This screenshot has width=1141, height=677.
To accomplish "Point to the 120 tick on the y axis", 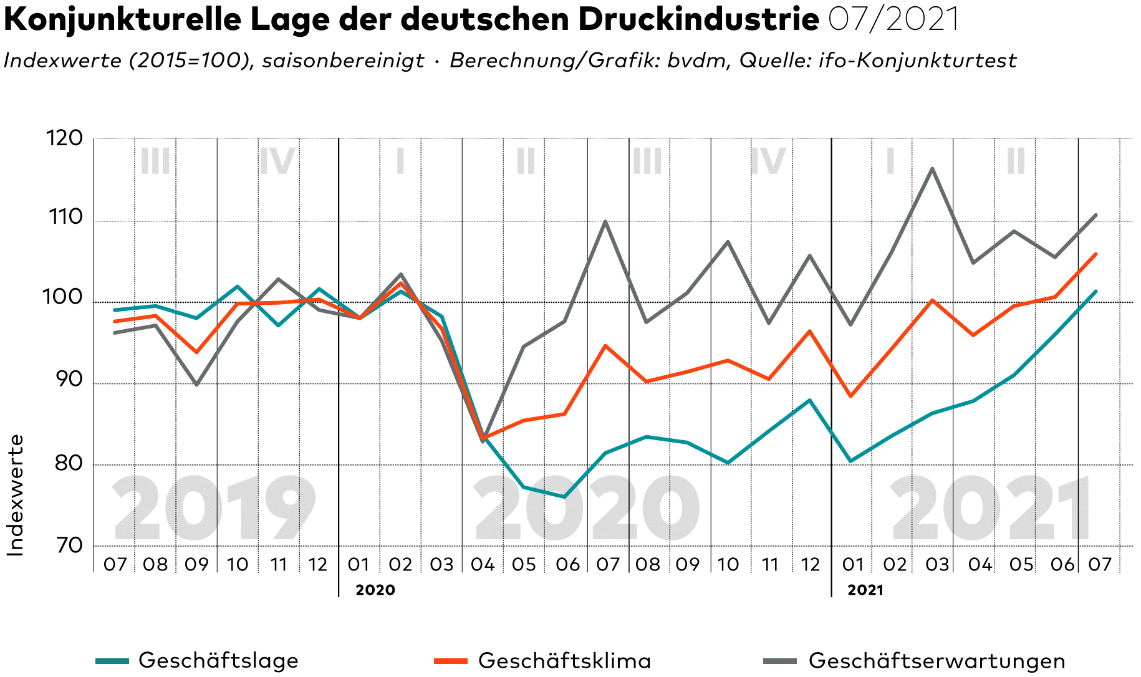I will tap(65, 138).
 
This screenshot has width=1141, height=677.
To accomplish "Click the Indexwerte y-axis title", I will tap(16, 495).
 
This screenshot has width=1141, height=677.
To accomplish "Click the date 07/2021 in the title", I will tap(893, 20).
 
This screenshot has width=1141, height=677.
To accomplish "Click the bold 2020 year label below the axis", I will tap(375, 590).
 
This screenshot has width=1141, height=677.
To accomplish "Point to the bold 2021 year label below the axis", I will tap(865, 590).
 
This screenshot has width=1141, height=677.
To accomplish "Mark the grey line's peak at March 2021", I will tap(932, 168).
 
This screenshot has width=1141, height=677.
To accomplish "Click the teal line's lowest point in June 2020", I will tap(564, 497).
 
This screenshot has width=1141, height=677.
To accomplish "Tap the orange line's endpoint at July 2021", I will tap(1095, 254).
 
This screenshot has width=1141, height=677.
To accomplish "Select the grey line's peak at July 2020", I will tap(605, 221).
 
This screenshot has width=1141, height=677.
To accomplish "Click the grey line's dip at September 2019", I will tap(196, 385).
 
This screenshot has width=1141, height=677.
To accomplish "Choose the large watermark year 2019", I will tap(214, 508).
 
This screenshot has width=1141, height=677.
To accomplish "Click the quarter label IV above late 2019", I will tap(277, 161).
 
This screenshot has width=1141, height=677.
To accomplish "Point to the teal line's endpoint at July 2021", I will tap(1095, 291).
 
